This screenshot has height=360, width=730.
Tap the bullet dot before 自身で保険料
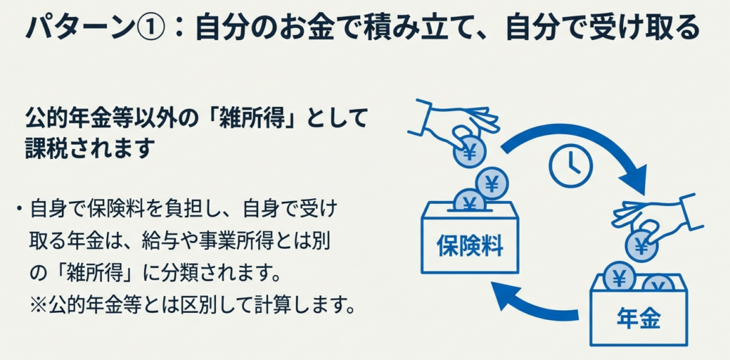[16, 210]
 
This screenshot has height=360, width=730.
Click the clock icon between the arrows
[571, 165]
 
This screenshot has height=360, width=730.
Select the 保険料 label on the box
[470, 247]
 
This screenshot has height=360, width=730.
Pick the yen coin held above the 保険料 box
[468, 152]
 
